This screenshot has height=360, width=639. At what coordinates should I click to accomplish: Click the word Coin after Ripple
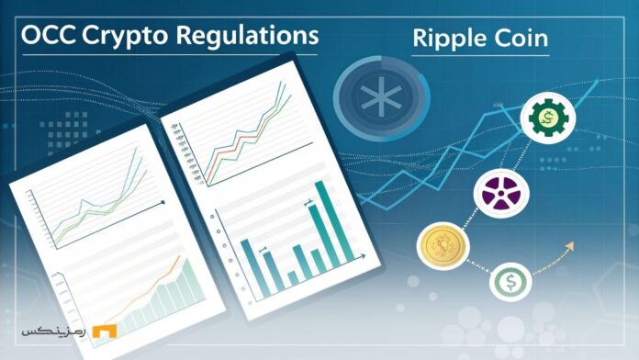tap(523, 41)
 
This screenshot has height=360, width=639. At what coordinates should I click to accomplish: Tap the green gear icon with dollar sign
tap(547, 118)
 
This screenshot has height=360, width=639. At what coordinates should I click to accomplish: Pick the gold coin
tap(439, 245)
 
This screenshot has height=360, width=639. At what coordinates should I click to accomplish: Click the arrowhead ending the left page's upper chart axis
tap(163, 201)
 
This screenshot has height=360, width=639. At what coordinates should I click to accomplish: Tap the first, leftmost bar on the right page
tap(246, 266)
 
